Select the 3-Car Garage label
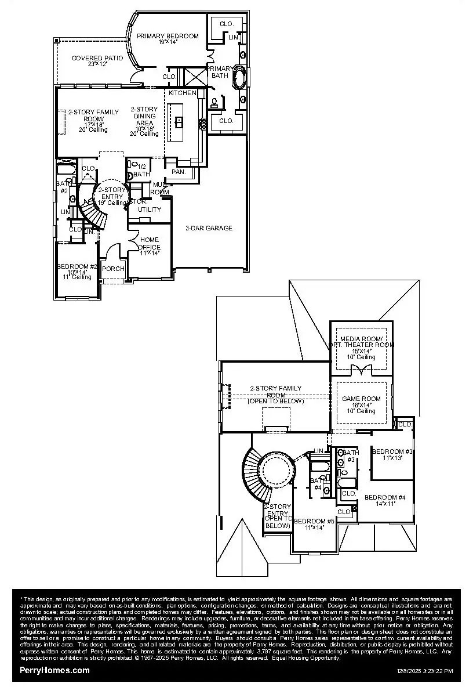209,228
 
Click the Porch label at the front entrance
113,269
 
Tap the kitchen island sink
179,121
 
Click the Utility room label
150,209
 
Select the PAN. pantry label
178,172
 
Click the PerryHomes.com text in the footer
54,670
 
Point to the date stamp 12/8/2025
413,671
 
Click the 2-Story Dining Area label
144,121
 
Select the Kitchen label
183,93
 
